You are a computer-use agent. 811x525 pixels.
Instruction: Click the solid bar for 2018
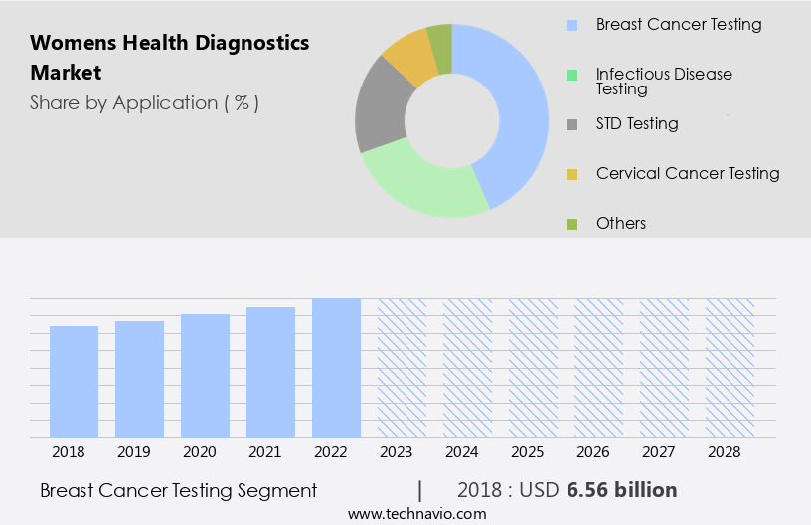pos(75,382)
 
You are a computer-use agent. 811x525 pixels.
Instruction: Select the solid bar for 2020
pos(206,376)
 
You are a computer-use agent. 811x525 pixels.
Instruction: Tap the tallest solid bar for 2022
pos(336,368)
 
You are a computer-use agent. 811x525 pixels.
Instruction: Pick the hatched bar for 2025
pos(533,368)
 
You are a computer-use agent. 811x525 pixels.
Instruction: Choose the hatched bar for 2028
pos(730,368)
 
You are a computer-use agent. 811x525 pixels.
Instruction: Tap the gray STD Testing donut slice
pos(381,111)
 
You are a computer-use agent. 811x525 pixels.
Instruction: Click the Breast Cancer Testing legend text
pos(679,24)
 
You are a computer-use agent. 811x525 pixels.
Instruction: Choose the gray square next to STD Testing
pos(571,124)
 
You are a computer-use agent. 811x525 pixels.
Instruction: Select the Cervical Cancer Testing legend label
pos(688,173)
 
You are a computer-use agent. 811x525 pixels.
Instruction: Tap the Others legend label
pos(621,223)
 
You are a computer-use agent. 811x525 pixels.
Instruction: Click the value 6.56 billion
pos(622,490)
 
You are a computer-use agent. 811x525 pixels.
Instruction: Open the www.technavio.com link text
pos(417,514)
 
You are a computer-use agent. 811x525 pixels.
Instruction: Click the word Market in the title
pos(66,73)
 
